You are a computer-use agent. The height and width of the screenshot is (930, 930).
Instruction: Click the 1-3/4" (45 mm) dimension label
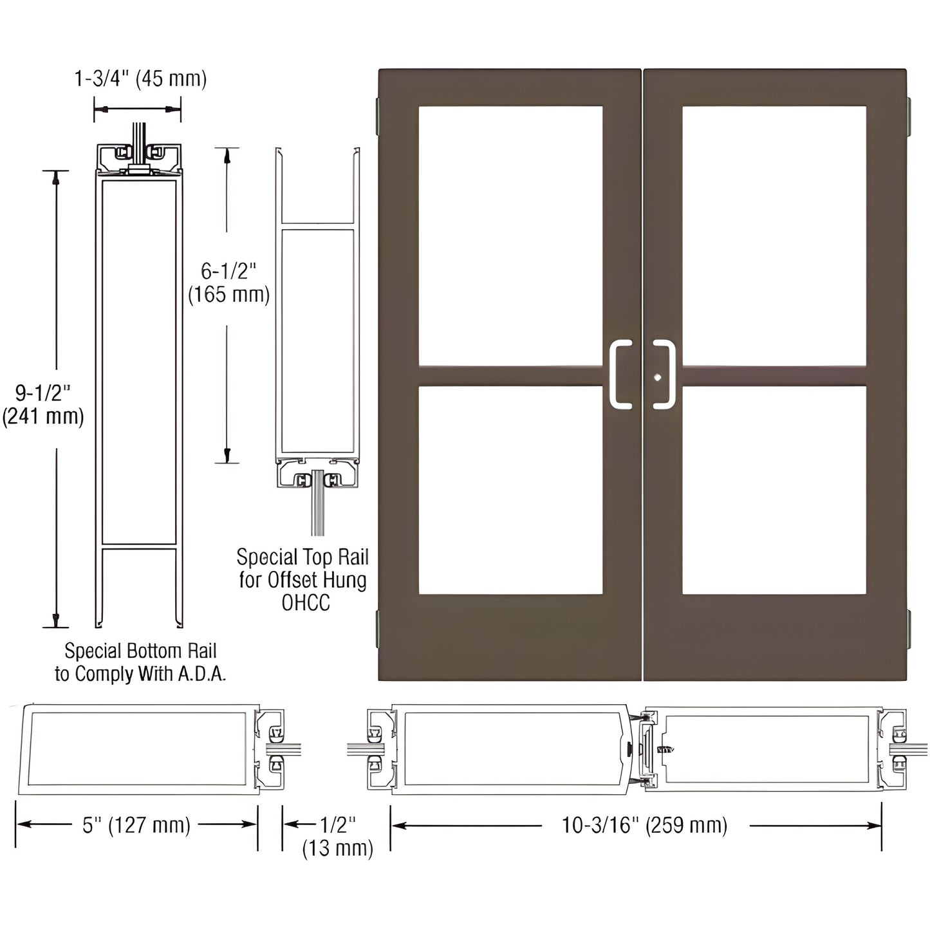point(140,79)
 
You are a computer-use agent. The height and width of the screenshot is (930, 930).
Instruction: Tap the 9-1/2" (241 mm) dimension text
point(43,405)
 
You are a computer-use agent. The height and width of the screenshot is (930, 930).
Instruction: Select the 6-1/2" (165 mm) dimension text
point(228,283)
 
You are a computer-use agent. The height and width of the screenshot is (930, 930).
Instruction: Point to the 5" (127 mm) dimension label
point(136,825)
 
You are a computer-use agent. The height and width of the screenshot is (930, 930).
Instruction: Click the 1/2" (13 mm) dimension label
point(337,836)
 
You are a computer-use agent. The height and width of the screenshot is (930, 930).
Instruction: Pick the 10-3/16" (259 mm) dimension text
point(644,825)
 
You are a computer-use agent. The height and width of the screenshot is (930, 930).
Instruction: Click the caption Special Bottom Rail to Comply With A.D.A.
point(140,662)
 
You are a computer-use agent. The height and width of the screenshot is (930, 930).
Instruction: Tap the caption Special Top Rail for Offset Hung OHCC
point(302,579)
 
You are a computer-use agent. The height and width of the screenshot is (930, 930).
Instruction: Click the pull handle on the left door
point(620,375)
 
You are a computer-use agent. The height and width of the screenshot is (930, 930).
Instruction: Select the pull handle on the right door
point(665,375)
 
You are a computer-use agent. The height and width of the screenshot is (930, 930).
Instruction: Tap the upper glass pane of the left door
point(510,236)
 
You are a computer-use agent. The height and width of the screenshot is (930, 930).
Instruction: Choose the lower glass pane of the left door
point(510,489)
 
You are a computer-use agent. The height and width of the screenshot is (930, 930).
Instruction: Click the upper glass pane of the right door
point(774,236)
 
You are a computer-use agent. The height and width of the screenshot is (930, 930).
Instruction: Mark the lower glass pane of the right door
point(774,489)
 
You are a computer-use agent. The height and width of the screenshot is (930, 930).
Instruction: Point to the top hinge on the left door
point(378,116)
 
